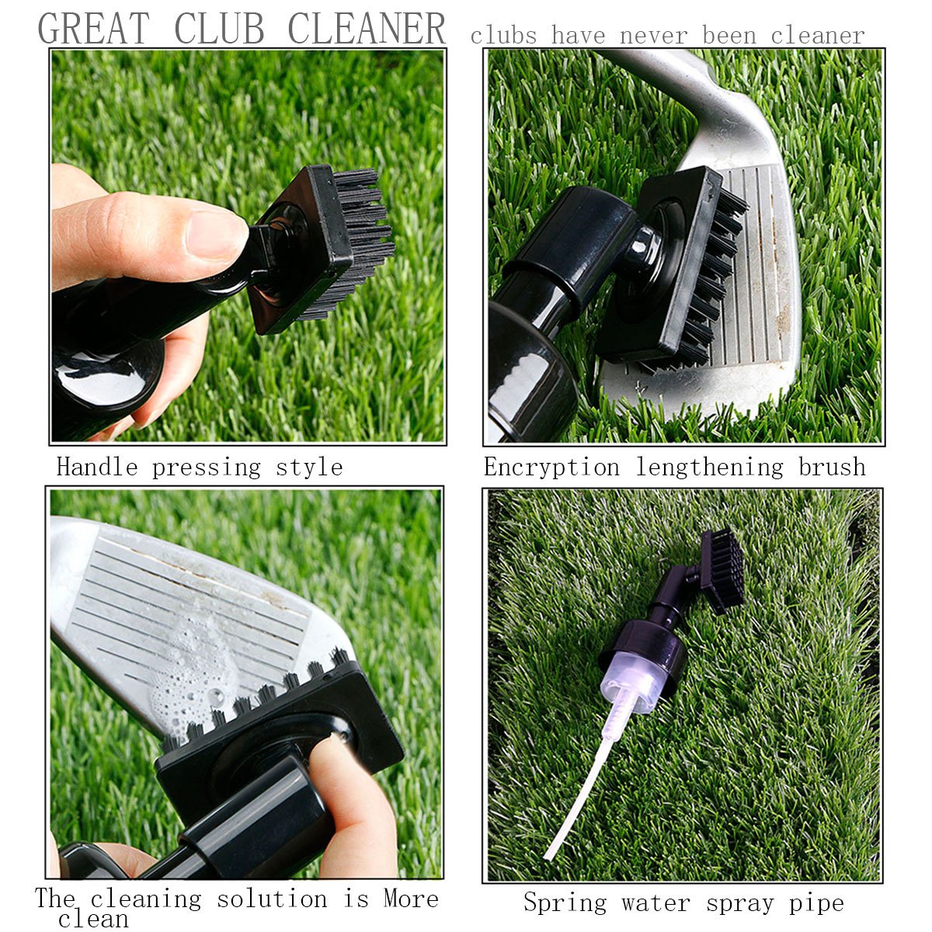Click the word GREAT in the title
click(92, 29)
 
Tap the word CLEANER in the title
click(367, 29)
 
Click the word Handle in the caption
click(97, 468)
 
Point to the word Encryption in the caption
click(551, 468)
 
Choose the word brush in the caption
click(832, 468)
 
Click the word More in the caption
click(411, 899)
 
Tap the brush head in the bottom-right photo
click(722, 571)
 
